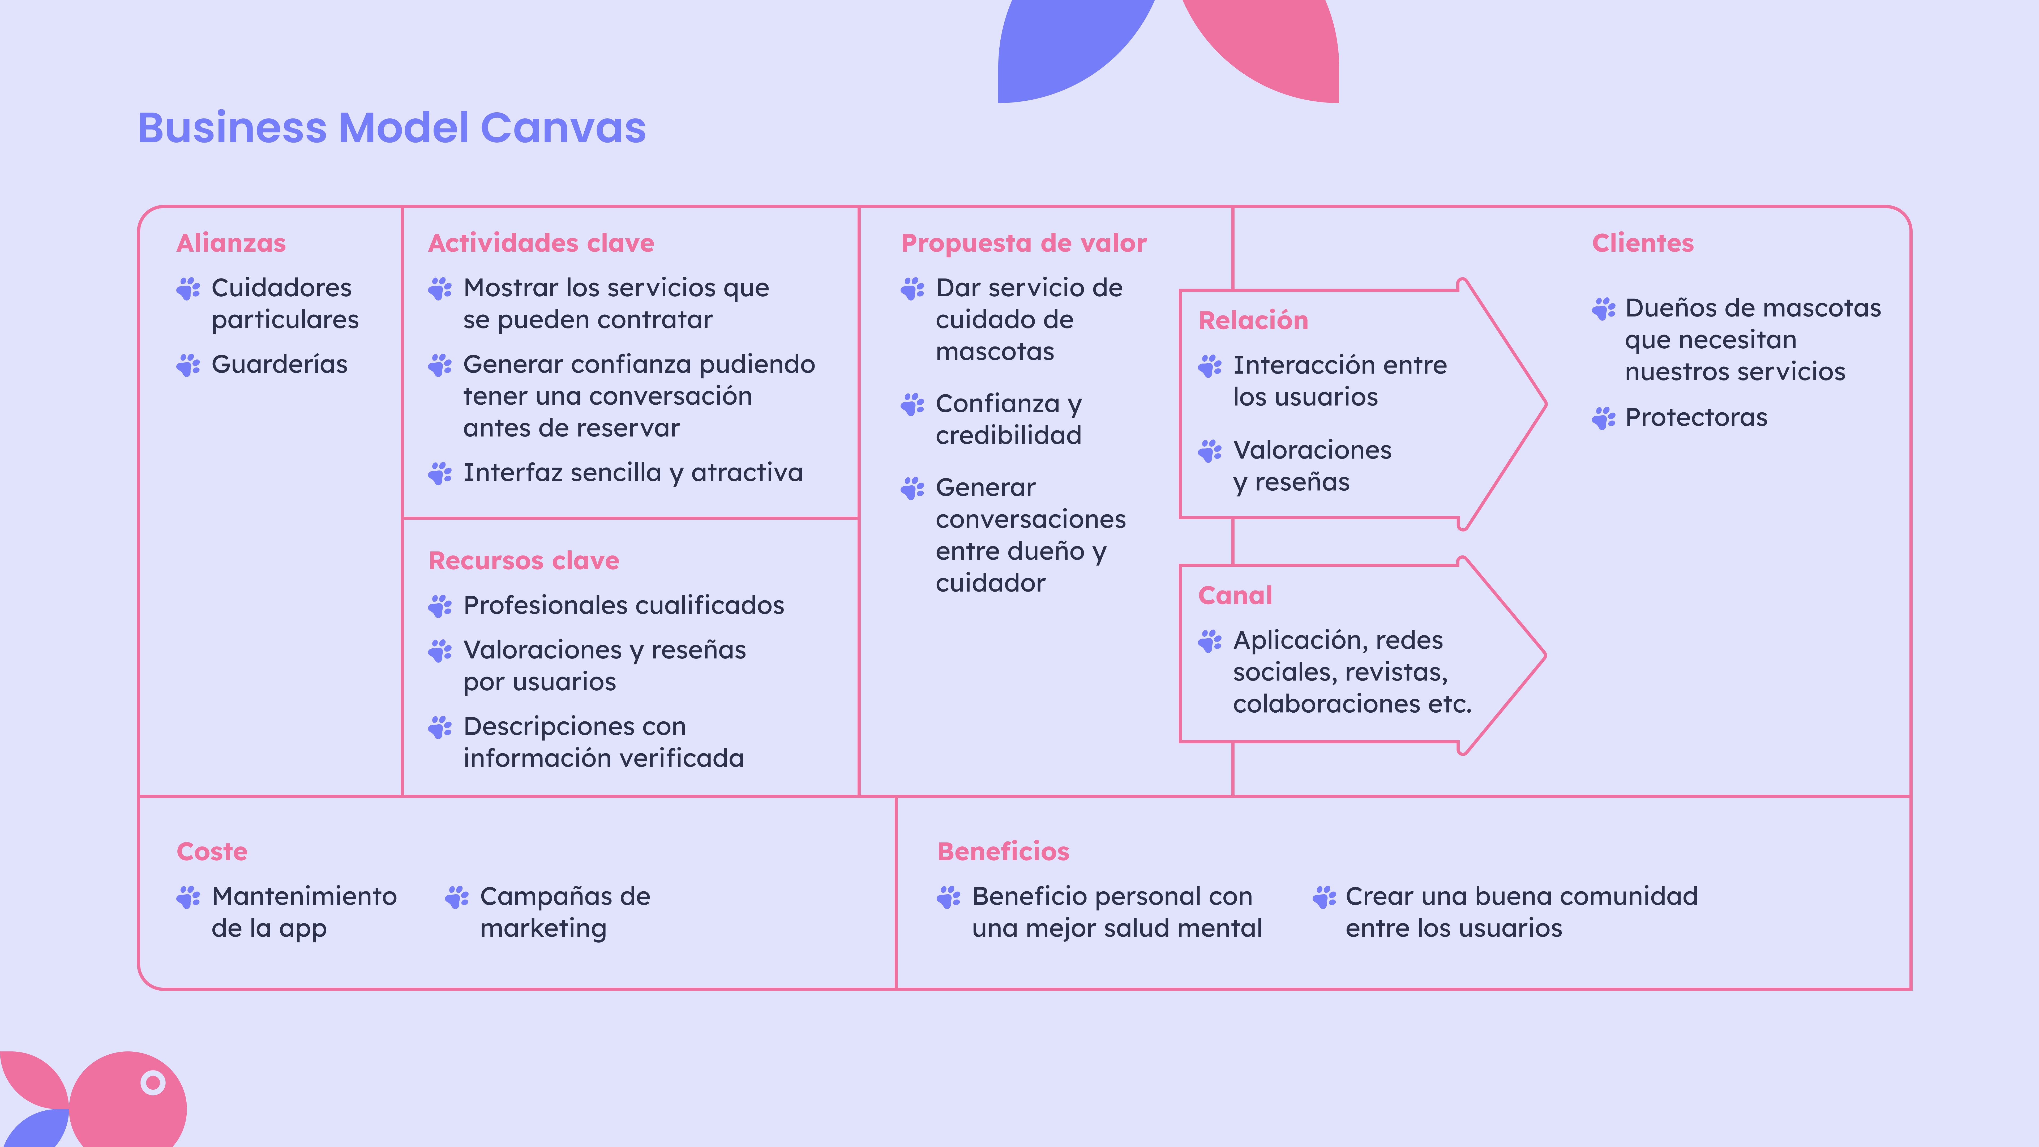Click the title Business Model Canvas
pyautogui.click(x=392, y=128)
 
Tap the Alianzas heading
pyautogui.click(x=231, y=243)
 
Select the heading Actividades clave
pyautogui.click(x=541, y=243)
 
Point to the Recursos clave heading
pyautogui.click(x=524, y=560)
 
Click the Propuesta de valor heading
pyautogui.click(x=1023, y=243)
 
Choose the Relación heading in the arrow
pyautogui.click(x=1253, y=320)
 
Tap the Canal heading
pyautogui.click(x=1235, y=595)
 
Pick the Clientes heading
pyautogui.click(x=1642, y=243)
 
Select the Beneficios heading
pyautogui.click(x=1003, y=852)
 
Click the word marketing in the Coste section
pyautogui.click(x=543, y=928)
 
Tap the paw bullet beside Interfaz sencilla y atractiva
pyautogui.click(x=440, y=473)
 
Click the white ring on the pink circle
pyautogui.click(x=153, y=1082)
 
